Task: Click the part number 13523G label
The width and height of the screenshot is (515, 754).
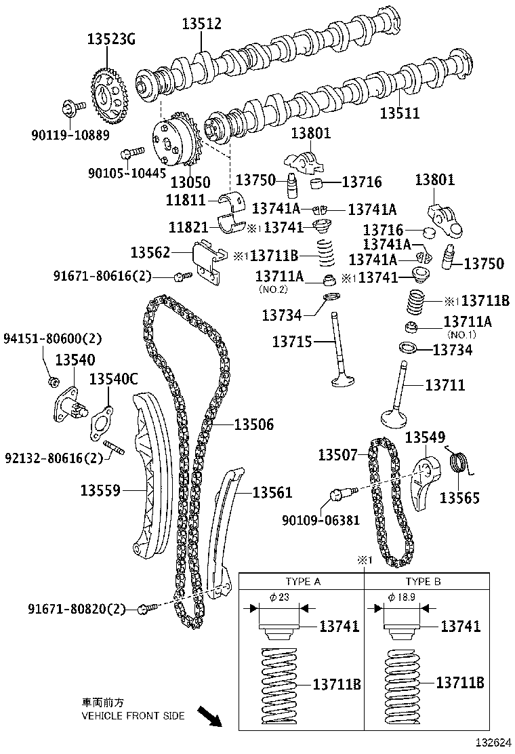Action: pos(111,39)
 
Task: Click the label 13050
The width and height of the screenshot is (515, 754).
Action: pos(190,182)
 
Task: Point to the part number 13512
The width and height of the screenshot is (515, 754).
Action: pos(201,24)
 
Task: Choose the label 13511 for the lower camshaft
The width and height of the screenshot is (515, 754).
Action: pos(399,113)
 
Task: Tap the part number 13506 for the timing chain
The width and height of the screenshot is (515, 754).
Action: pos(254,425)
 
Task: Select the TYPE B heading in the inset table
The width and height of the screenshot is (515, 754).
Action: pos(424,582)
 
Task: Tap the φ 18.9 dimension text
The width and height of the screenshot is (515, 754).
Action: pos(402,597)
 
